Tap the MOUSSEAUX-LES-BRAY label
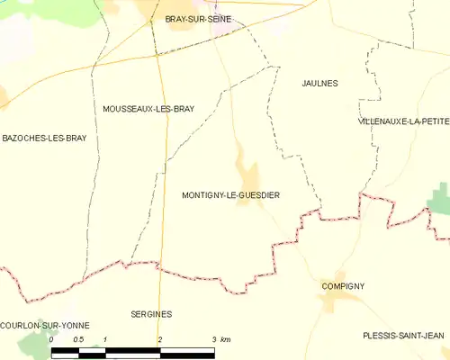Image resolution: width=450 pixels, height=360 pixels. [x=148, y=109]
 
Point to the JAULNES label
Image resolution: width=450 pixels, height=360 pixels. [x=319, y=83]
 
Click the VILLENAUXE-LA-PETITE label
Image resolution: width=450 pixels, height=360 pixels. [x=402, y=121]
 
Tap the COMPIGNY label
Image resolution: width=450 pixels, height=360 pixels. [x=343, y=286]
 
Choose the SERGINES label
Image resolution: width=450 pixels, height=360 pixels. [x=150, y=314]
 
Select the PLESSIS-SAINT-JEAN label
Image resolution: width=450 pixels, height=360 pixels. [x=403, y=335]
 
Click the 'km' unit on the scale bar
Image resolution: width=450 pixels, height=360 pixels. [x=226, y=339]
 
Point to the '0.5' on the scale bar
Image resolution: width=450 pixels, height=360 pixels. [x=78, y=339]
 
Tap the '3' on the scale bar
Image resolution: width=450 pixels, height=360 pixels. [x=214, y=339]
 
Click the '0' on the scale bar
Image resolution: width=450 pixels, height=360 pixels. [x=51, y=339]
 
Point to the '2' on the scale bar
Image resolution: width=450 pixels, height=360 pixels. [x=160, y=339]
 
